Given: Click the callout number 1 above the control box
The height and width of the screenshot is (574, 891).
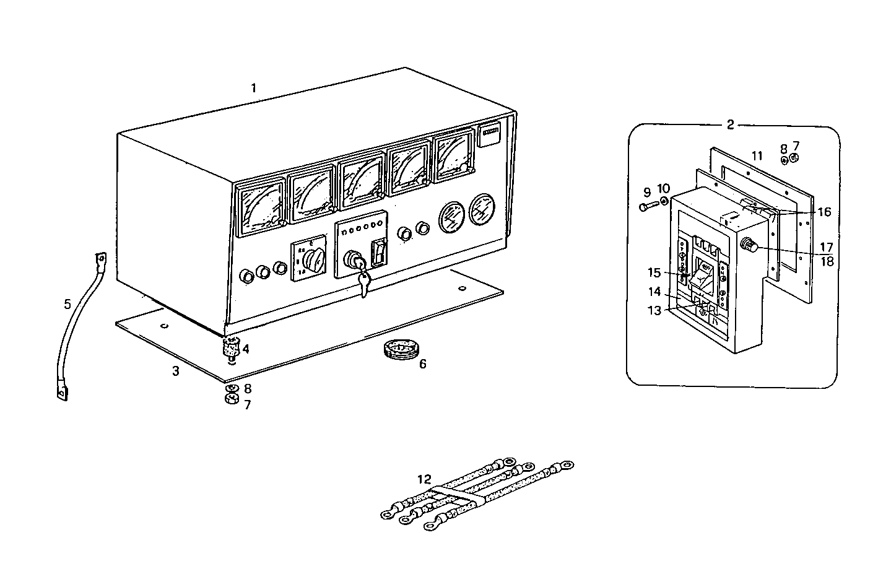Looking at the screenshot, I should (253, 88).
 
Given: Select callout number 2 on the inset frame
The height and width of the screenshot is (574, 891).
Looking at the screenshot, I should (731, 124).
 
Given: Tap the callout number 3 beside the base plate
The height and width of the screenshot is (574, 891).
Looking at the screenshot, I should (176, 371).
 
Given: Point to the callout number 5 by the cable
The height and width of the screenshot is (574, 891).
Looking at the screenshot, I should (67, 304).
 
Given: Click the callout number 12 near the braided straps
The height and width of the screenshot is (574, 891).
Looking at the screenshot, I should (424, 479).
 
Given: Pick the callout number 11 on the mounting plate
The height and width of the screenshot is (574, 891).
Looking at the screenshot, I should (757, 155).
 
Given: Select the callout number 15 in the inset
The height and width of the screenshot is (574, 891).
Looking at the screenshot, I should (655, 272).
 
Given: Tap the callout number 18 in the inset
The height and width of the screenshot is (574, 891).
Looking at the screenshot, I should (827, 261).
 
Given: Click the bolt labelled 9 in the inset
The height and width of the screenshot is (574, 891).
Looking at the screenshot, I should (648, 206).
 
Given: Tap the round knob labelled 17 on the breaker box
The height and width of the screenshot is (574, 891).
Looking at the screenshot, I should (749, 246).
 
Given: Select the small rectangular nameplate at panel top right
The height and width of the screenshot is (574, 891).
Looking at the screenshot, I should (491, 136).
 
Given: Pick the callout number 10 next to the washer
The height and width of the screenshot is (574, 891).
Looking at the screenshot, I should (664, 188).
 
